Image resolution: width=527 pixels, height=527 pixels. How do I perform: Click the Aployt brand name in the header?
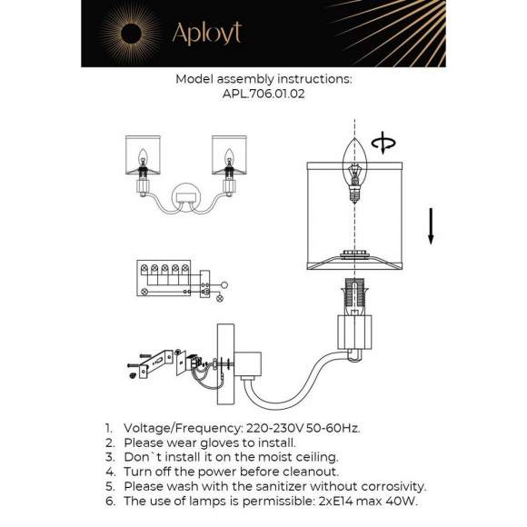(x=206, y=34)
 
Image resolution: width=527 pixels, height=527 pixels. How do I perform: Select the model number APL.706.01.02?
(x=263, y=93)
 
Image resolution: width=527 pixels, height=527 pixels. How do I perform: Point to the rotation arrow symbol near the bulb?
(x=387, y=144)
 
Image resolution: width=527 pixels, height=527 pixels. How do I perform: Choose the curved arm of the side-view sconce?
(x=291, y=382)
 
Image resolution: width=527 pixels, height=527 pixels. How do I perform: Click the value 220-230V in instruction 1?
(x=271, y=427)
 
